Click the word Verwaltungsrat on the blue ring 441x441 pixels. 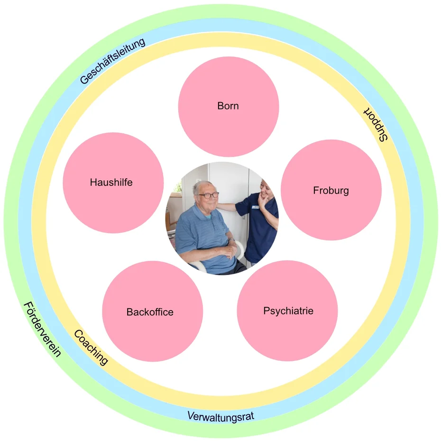pos(221,417)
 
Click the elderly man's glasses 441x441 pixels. pos(208,195)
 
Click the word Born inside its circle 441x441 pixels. pos(228,106)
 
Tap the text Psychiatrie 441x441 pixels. pos(288,311)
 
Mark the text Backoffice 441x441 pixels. pos(150,312)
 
